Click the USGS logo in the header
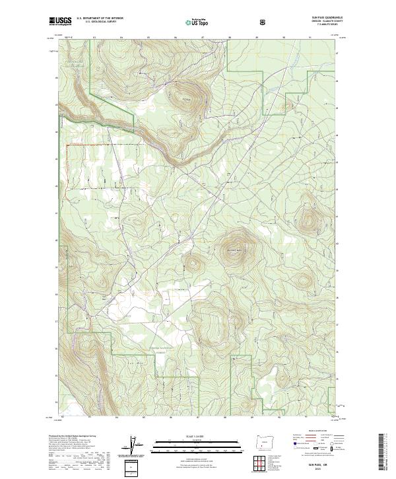coord(60,21)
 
